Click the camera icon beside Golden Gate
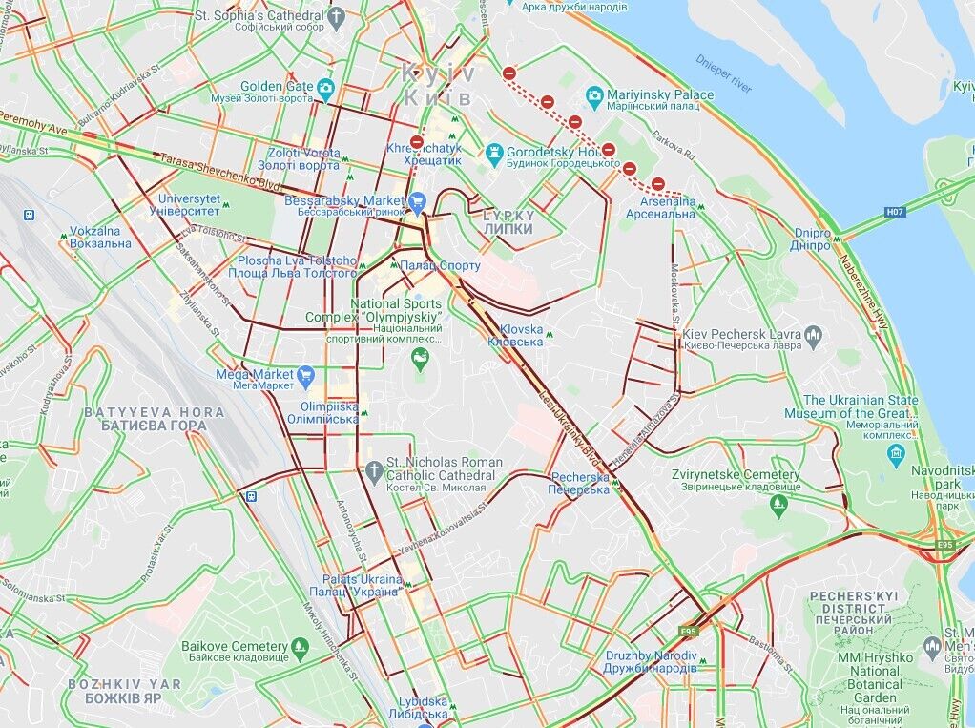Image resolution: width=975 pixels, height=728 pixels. coord(326,90)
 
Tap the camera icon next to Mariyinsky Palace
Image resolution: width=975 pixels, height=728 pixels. coord(594,95)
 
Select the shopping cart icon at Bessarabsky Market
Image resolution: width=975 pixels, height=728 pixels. coord(417,202)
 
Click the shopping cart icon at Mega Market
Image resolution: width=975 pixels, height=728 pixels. coord(305,375)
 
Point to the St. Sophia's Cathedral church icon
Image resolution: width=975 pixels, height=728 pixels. coord(336,16)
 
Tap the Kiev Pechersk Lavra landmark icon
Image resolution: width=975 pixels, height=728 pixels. coord(813,335)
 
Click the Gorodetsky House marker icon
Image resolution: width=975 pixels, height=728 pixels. coord(493,152)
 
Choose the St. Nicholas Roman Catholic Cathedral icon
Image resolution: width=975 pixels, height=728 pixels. coord(374,470)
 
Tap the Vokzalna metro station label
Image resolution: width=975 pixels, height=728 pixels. coord(100,238)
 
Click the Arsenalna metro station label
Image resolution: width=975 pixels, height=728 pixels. coord(660,208)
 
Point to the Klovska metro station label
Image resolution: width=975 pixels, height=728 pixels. coord(515,335)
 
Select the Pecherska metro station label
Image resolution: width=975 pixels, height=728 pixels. coord(578,483)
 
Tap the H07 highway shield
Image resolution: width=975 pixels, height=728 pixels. coord(895,212)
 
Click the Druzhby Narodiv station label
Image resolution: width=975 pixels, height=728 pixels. coord(652,662)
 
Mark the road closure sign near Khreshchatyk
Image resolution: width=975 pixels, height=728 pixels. coord(416,143)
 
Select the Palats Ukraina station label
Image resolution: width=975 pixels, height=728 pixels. coord(360,585)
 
